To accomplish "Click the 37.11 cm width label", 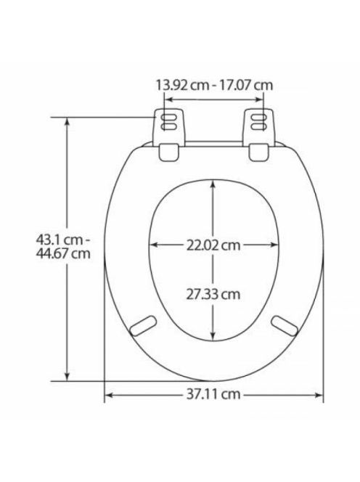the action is (x=213, y=393).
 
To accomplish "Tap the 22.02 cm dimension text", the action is (x=213, y=245).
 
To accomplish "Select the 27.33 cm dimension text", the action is (x=213, y=294).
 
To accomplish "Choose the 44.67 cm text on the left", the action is (x=63, y=253).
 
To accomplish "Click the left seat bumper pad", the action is (x=143, y=325).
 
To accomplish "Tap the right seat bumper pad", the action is (x=285, y=325).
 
